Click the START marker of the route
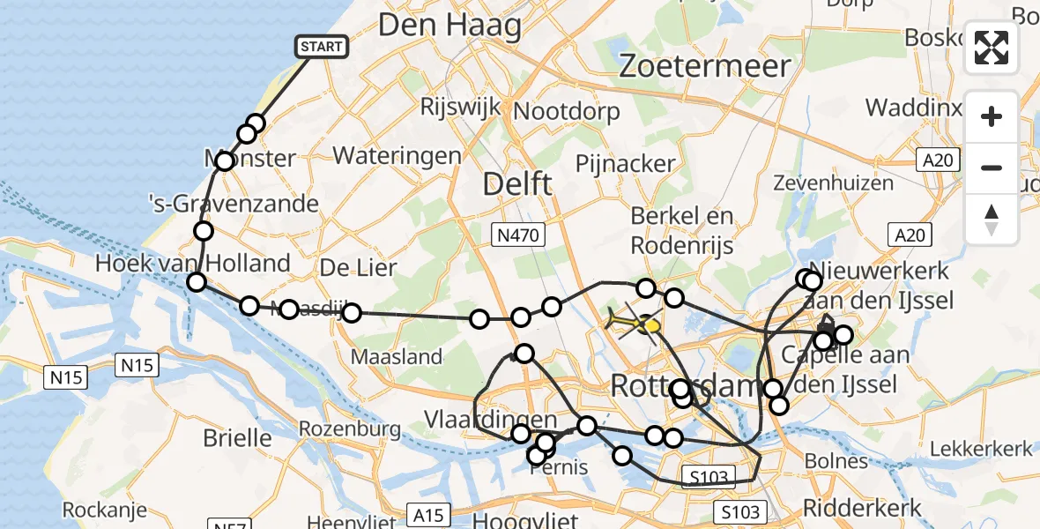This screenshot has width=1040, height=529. [x=322, y=47]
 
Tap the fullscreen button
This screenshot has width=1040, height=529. [x=992, y=48]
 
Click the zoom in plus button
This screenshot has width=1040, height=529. [x=992, y=116]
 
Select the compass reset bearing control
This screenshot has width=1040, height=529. [x=992, y=220]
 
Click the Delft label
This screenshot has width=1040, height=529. [x=517, y=184]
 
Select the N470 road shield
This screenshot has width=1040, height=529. [x=518, y=235]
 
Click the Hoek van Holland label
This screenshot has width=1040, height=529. [x=193, y=263]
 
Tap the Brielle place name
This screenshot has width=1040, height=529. [x=237, y=436]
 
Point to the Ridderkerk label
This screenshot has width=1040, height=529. [x=862, y=508]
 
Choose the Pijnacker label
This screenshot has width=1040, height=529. [x=625, y=163]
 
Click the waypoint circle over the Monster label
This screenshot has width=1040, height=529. [x=225, y=161]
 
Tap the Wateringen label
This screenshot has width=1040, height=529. [x=397, y=156]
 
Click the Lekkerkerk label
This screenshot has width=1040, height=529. [x=979, y=449]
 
